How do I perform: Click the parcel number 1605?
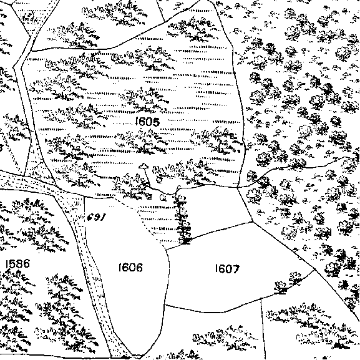point(147,122)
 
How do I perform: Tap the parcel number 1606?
point(130,268)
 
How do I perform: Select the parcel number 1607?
point(227,268)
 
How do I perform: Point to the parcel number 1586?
point(17,263)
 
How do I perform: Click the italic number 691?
point(96,217)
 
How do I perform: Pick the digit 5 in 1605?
point(155,122)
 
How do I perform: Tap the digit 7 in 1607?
point(236,269)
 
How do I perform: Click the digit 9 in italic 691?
point(97,217)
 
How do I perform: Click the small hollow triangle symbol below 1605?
point(144,166)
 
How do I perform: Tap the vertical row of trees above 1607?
point(183,219)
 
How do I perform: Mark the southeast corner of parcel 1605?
point(238,187)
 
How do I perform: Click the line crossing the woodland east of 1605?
point(298,167)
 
